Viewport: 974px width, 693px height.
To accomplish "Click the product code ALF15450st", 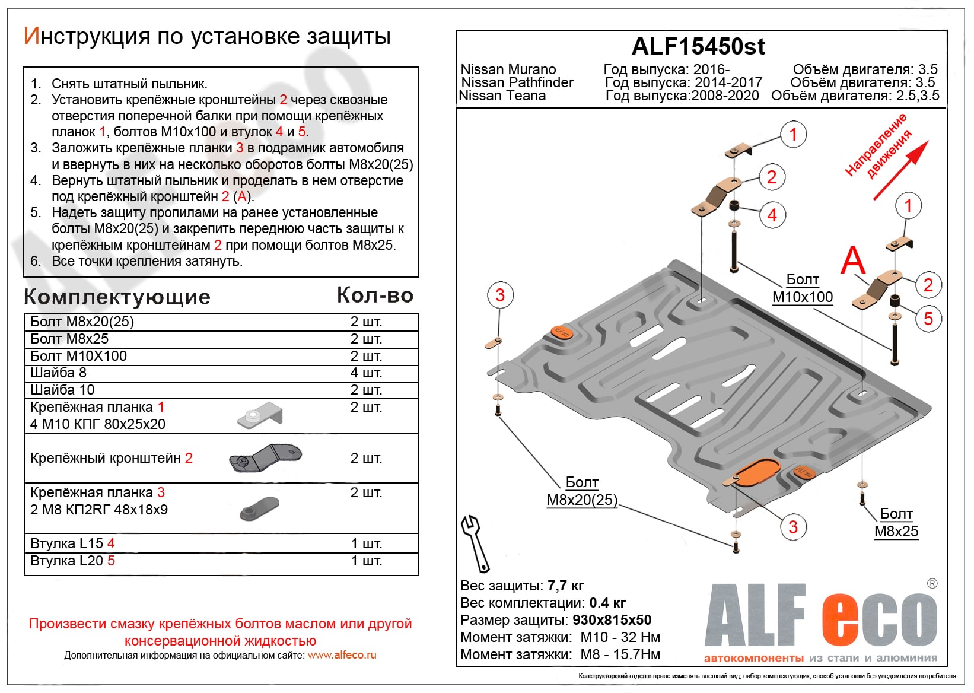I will (698, 46).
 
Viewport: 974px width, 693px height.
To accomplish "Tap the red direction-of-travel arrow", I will (900, 170).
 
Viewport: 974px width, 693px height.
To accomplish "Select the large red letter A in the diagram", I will (853, 260).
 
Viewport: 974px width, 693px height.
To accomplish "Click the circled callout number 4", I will (772, 215).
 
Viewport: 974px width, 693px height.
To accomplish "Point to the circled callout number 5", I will (928, 319).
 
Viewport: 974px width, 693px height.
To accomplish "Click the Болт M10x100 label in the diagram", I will (802, 288).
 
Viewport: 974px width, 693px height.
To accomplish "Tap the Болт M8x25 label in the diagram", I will (896, 523).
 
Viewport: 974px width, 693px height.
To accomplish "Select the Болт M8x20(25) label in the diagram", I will (582, 491).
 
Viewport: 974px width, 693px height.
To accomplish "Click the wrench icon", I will (475, 542).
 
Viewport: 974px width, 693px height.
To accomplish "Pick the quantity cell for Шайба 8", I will (366, 373).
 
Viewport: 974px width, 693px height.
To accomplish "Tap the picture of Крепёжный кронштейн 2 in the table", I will (265, 458).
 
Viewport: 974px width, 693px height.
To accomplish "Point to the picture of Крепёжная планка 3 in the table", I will (259, 508).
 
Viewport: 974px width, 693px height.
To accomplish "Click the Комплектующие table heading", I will (117, 297).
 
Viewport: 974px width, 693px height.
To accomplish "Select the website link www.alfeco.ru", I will (342, 655).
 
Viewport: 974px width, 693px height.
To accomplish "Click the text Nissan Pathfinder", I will (517, 82).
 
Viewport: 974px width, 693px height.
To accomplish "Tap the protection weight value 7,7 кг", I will (566, 586).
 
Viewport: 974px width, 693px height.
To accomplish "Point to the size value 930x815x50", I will (612, 620).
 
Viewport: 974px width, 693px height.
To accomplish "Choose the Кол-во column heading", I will (375, 295).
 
